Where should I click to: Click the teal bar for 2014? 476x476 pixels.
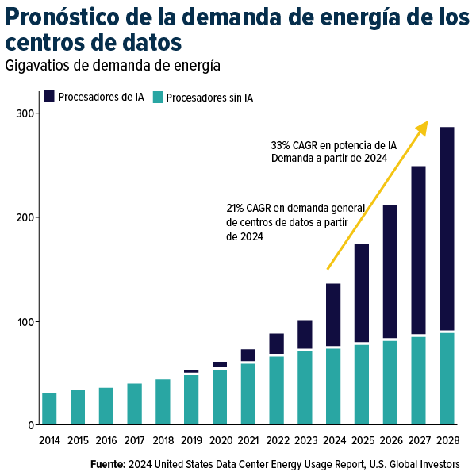tap(49, 409)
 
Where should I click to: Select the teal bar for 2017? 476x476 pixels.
tap(134, 404)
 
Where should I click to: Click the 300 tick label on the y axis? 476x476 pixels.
tap(26, 113)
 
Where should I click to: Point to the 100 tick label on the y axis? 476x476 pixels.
tap(26, 321)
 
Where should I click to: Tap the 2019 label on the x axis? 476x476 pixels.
tap(191, 440)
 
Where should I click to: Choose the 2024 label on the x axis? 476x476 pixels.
tap(333, 440)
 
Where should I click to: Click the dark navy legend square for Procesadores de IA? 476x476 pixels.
tap(49, 96)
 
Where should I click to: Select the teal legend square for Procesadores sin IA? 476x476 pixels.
tap(158, 97)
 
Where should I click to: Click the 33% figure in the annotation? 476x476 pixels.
tap(281, 146)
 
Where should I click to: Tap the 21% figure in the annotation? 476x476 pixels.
tap(236, 209)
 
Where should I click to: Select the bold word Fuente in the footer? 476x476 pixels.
tap(107, 463)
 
